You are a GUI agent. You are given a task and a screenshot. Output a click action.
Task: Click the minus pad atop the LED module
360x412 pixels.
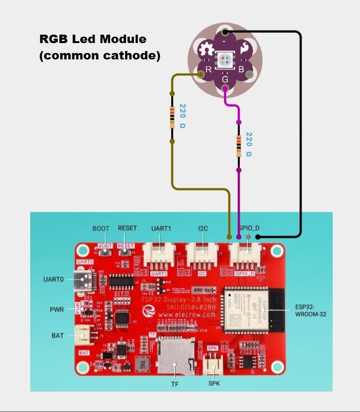[x=225, y=33]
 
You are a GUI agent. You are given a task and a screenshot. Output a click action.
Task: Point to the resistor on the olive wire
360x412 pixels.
[x=172, y=117]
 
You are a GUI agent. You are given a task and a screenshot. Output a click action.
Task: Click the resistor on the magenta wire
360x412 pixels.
[x=239, y=146]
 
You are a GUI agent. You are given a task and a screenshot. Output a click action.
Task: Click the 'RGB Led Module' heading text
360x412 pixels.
[x=93, y=39]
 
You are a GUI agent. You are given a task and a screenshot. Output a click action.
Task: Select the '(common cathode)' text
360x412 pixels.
[x=100, y=55]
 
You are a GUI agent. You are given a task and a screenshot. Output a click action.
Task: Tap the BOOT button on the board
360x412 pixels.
[x=104, y=252]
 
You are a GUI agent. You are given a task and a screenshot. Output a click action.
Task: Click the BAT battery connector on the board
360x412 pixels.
[x=82, y=337]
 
